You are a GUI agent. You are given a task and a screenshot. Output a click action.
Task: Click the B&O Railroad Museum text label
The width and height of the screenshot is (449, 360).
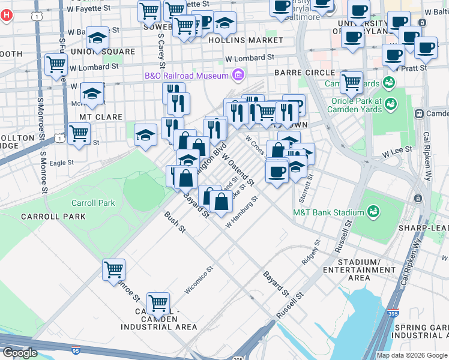click(185, 76)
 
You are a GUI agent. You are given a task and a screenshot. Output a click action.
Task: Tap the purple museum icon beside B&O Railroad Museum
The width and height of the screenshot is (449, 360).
click(238, 76)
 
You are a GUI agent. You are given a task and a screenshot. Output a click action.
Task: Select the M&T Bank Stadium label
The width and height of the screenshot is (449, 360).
click(328, 212)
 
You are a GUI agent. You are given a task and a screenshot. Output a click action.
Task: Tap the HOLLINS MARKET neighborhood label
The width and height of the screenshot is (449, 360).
click(245, 40)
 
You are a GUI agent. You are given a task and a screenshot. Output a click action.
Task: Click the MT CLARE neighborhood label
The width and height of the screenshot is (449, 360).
click(101, 117)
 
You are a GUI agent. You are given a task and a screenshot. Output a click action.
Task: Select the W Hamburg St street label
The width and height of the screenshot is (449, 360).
click(241, 213)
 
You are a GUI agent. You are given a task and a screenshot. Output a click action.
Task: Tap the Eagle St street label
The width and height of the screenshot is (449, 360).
click(62, 162)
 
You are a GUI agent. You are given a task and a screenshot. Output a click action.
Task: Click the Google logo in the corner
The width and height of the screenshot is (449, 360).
click(20, 352)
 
